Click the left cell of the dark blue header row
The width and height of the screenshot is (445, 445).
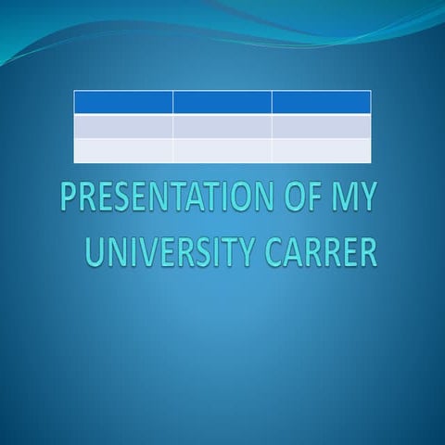(123, 102)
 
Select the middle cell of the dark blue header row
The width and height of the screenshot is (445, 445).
(222, 102)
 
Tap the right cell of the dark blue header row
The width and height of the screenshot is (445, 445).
(322, 102)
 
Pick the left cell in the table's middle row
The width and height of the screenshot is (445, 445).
(123, 126)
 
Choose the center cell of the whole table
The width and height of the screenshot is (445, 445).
(222, 126)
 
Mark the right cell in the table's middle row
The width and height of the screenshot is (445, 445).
(322, 126)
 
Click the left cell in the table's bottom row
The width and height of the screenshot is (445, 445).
(123, 150)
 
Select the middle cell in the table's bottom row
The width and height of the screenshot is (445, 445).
(222, 150)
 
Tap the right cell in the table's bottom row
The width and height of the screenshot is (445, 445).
(322, 150)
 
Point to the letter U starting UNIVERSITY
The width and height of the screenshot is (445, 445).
(95, 251)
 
